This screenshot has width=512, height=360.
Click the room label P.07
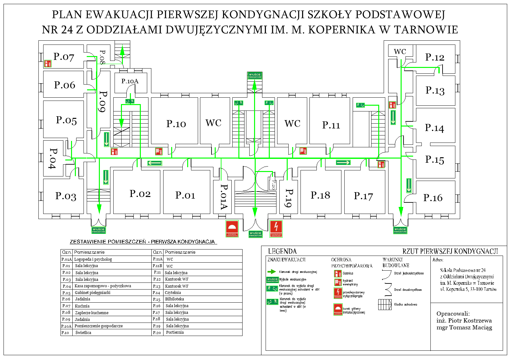pyautogui.click(x=64, y=57)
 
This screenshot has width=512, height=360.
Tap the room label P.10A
pyautogui.click(x=130, y=81)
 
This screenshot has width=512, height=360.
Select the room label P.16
pyautogui.click(x=433, y=198)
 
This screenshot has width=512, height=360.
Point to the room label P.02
pyautogui.click(x=140, y=193)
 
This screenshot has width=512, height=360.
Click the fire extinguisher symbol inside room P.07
pyautogui.click(x=48, y=63)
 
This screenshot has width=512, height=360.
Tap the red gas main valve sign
pyautogui.click(x=232, y=228)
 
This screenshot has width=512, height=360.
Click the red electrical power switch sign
pyautogui.click(x=276, y=228)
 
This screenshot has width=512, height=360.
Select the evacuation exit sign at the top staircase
pyautogui.click(x=255, y=76)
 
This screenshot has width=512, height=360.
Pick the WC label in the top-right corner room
pyautogui.click(x=400, y=52)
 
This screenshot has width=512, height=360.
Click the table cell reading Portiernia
pyautogui.click(x=175, y=332)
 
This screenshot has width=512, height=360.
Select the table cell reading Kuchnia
pyautogui.click(x=82, y=306)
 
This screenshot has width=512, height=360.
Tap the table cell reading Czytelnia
pyautogui.click(x=173, y=292)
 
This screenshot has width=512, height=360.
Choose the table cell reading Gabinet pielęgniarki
pyautogui.click(x=92, y=292)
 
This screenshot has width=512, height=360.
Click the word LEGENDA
pyautogui.click(x=282, y=251)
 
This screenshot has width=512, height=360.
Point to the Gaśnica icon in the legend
pyautogui.click(x=338, y=274)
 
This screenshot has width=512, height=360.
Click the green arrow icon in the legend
pyautogui.click(x=271, y=272)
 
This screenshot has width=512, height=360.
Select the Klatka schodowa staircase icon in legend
pyautogui.click(x=385, y=305)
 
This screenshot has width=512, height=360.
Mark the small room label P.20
pyautogui.click(x=273, y=185)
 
